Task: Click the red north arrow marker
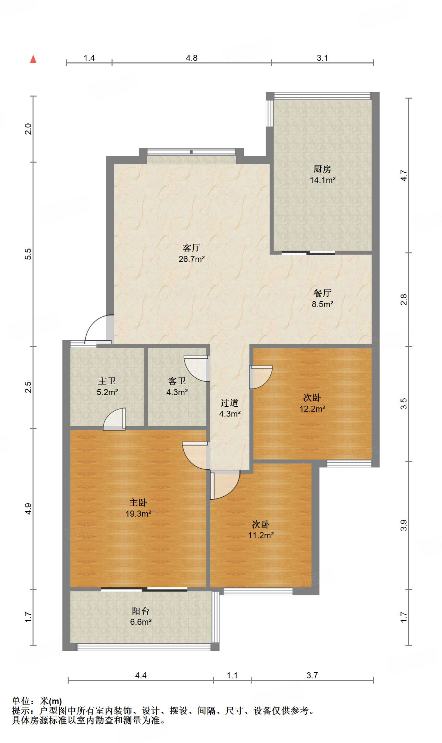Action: (33, 59)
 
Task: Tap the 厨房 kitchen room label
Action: (322, 169)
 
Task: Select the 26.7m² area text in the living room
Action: (192, 259)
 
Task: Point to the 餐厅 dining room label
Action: (322, 293)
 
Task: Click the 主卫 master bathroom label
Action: (107, 381)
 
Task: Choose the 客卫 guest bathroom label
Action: (177, 381)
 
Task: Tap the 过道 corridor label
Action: (230, 403)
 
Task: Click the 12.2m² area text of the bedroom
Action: (312, 409)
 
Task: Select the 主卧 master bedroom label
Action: (138, 502)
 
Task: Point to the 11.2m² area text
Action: (261, 535)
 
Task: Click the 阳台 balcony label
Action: (141, 611)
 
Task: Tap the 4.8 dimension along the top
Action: (192, 58)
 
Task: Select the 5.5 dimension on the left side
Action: (28, 254)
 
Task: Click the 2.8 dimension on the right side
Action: (404, 299)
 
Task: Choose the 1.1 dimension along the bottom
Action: (232, 676)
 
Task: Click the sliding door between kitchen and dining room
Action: (308, 253)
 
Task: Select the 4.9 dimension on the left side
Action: (28, 509)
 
